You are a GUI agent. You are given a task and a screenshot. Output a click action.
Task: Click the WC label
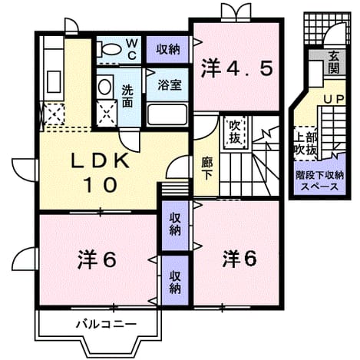tap(131, 49)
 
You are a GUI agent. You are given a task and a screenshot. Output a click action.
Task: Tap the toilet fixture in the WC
tap(108, 49)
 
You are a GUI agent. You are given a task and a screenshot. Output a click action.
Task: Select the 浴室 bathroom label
tap(170, 85)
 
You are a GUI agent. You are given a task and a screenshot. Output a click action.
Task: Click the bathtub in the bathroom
tap(167, 115)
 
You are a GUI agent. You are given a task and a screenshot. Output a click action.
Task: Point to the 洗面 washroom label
tap(127, 96)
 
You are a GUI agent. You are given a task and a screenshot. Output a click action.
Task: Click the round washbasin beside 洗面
tap(104, 87)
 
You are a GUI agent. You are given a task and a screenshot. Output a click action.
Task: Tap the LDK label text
tap(100, 161)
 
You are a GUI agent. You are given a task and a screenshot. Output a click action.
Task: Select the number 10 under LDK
tap(100, 185)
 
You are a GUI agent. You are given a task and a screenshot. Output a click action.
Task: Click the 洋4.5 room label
tap(237, 68)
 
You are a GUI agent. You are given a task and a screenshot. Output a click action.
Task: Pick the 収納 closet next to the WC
tap(168, 49)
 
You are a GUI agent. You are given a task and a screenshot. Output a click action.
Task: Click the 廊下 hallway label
tap(206, 169)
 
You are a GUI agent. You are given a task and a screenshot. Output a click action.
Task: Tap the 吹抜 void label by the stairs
tap(235, 132)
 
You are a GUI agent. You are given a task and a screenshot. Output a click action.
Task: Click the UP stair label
tap(334, 99)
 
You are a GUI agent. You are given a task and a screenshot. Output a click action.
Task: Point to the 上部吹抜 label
tap(306, 144)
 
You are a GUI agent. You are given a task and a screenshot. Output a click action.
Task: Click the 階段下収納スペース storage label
tap(319, 181)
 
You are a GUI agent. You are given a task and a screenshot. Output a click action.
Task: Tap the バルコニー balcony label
tap(106, 325)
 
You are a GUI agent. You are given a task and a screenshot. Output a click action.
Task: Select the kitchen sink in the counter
tap(54, 81)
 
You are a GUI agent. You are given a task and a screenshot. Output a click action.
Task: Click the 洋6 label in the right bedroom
tap(239, 259)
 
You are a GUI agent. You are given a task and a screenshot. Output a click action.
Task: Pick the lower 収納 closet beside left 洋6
tap(175, 281)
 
